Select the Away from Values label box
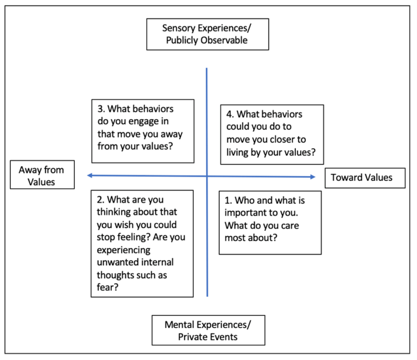pos(41,176)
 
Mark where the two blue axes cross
pos(207,176)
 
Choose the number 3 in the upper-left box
pos(101,109)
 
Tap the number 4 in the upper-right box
pos(230,115)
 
